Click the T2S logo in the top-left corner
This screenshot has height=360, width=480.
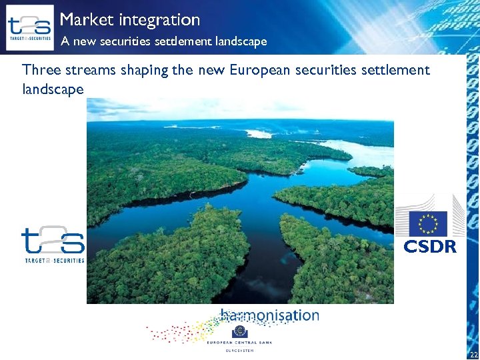[29, 27]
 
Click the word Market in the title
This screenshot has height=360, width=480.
[83, 20]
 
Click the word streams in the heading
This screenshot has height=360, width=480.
[90, 69]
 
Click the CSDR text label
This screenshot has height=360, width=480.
[430, 247]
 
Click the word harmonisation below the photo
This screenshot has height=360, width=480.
[270, 315]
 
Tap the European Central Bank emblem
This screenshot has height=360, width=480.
[239, 332]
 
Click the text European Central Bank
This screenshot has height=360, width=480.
[239, 343]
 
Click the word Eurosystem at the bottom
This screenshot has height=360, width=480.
[239, 350]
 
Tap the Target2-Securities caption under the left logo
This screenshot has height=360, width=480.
[53, 261]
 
